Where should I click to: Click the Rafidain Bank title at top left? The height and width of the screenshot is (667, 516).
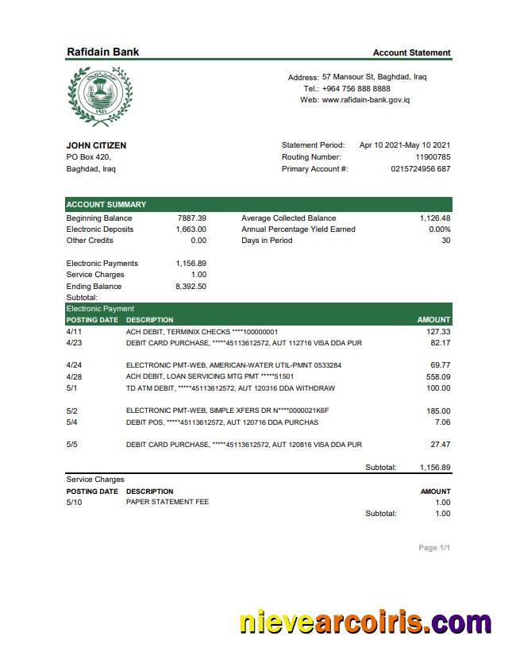point(102,52)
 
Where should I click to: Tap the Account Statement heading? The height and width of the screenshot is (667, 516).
point(411,52)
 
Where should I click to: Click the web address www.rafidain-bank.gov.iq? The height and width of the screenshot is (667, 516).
point(365,100)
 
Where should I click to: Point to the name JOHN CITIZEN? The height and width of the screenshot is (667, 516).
point(96,145)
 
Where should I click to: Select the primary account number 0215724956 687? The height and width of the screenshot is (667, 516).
point(420,168)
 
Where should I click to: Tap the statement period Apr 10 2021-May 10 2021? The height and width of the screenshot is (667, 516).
point(405,145)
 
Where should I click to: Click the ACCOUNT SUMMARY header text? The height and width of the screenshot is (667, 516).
point(106,204)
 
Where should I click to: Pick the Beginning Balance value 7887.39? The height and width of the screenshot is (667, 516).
point(191,218)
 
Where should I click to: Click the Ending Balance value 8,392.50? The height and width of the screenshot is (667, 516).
point(191,286)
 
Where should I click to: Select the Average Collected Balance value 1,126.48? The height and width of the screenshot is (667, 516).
point(435,218)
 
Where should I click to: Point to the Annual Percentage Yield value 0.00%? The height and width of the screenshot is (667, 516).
point(439,229)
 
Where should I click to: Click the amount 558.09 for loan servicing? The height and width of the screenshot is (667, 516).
point(438,376)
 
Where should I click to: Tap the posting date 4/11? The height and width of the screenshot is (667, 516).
point(74,331)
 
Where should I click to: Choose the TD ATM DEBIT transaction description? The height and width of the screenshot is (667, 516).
point(230,388)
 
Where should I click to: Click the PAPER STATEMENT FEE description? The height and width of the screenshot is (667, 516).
point(168,502)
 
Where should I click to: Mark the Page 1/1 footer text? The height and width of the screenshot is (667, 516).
point(434,548)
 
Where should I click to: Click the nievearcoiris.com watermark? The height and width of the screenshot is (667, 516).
point(365,623)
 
